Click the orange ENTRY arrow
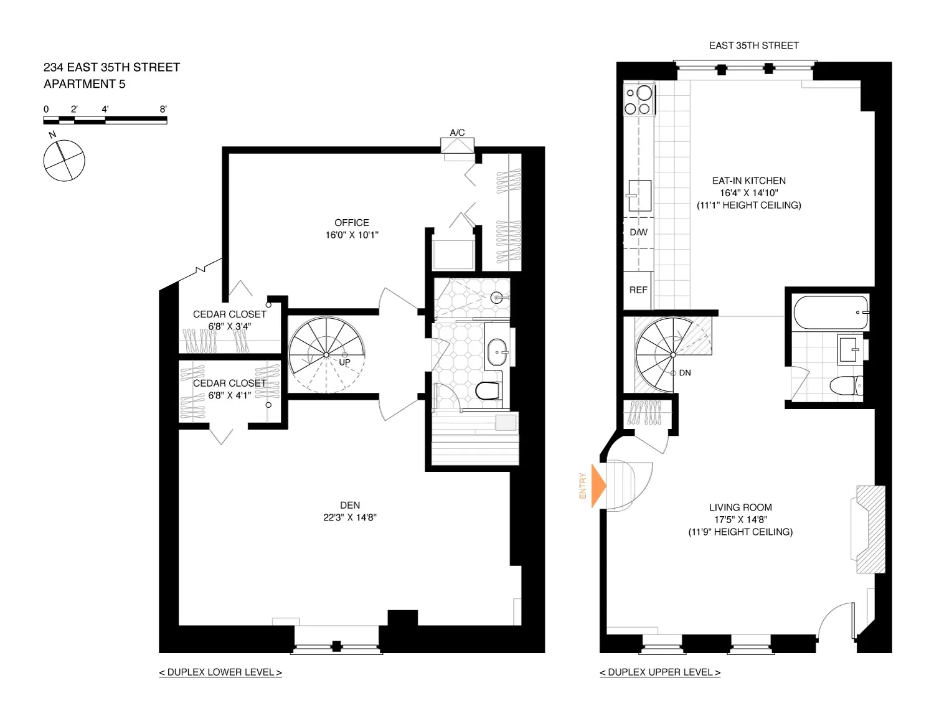click(598, 486)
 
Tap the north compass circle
click(64, 161)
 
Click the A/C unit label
click(457, 133)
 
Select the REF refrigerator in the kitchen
click(638, 290)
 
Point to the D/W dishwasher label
click(638, 232)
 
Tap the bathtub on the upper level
click(830, 313)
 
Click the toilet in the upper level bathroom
click(846, 385)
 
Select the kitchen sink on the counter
click(639, 196)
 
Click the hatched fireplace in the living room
click(869, 529)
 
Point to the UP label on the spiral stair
click(344, 362)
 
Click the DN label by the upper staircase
click(685, 373)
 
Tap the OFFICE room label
click(351, 223)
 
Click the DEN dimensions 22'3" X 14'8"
click(349, 517)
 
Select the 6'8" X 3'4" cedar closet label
click(229, 326)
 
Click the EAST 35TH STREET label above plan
click(753, 45)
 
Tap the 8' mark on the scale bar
click(163, 109)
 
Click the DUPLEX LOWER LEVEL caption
click(220, 672)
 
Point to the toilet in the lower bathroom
click(488, 390)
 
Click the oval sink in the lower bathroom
click(498, 352)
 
